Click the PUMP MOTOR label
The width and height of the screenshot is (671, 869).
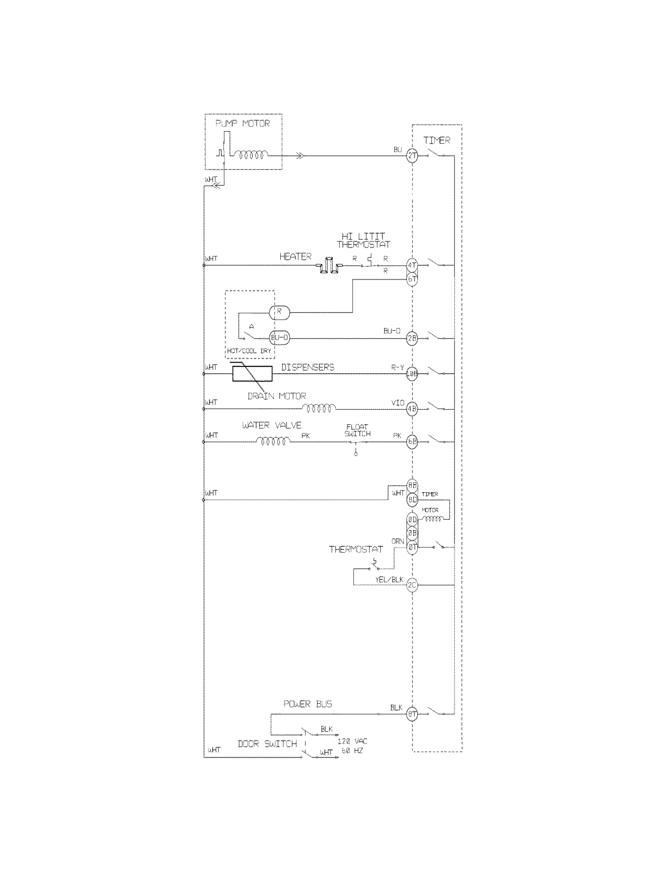coord(242,124)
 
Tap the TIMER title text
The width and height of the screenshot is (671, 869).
coord(437,141)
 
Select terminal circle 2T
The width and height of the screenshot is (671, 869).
coord(412,156)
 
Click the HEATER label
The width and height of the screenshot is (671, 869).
coord(295,257)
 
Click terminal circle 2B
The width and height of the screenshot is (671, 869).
coord(412,339)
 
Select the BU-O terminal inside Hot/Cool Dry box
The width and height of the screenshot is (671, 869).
coord(279,338)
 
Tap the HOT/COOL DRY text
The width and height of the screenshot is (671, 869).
coord(249,351)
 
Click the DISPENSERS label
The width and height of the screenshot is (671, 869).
coord(308,367)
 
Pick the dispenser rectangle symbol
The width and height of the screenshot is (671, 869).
coord(253,374)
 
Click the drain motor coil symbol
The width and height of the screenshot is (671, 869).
coord(319,408)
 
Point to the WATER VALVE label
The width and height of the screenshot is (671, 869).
coord(272,426)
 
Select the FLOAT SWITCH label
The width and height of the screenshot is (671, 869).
coord(357,430)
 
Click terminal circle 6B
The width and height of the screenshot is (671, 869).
coord(412,441)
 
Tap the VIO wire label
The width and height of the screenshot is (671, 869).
coord(397,403)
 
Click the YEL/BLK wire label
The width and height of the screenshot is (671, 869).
coord(389,580)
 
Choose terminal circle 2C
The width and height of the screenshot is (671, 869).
coord(412,585)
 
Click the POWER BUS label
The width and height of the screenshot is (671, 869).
coord(308,704)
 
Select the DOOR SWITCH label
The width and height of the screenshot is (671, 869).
coord(267,744)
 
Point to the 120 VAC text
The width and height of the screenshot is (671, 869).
coord(352,741)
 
